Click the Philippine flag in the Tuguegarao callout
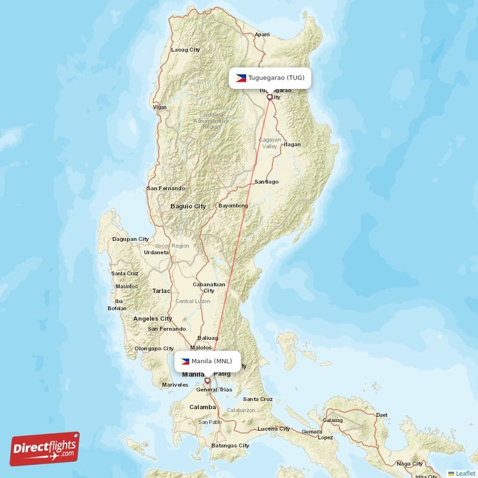point(241,78)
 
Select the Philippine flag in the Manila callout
point(185,361)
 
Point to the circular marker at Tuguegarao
point(269,96)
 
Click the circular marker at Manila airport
point(207,380)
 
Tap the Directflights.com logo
point(45,449)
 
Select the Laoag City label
point(185,50)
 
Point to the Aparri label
point(262,35)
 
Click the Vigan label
point(160,107)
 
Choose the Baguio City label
point(188,206)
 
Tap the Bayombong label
point(233,206)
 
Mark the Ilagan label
point(292,144)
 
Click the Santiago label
point(266,181)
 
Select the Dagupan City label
point(130,239)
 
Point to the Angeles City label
point(152,318)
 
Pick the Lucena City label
point(273,428)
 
